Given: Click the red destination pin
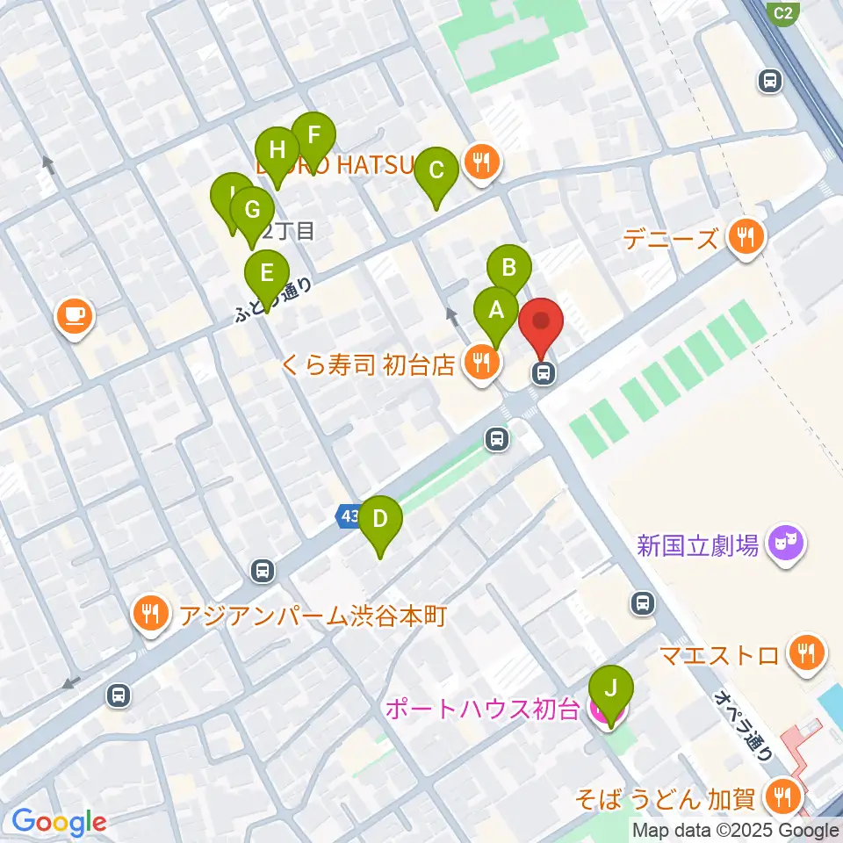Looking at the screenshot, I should coord(543,322).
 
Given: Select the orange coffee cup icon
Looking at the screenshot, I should coord(75,316).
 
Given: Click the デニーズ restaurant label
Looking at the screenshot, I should coord(671,238).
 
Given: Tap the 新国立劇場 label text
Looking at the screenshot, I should coord(698,546).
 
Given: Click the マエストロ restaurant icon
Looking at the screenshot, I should coord(804,652).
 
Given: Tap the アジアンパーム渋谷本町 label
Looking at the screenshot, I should coord(313,615).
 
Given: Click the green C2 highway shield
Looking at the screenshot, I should coord(783,12).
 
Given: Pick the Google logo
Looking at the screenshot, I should coord(59,822).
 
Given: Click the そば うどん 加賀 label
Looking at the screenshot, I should coord(666,799).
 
